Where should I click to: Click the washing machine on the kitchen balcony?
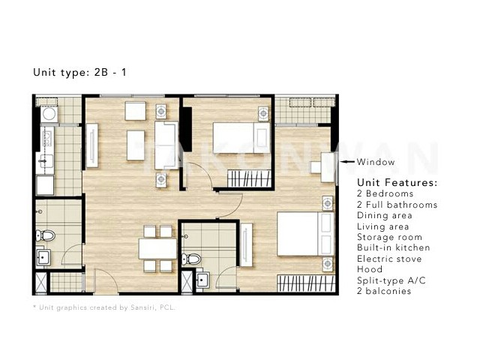pyautogui.click(x=49, y=114)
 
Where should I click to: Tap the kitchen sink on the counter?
pyautogui.click(x=45, y=161)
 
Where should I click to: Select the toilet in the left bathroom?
pyautogui.click(x=46, y=235)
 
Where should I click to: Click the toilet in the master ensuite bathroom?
pyautogui.click(x=191, y=259)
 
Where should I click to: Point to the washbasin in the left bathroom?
pyautogui.click(x=43, y=257)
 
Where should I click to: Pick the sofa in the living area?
pyautogui.click(x=166, y=145)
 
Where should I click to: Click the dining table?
pyautogui.click(x=157, y=249)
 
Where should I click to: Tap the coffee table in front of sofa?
pyautogui.click(x=136, y=145)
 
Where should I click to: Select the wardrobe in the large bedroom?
pyautogui.click(x=306, y=283)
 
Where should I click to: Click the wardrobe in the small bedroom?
pyautogui.click(x=250, y=178)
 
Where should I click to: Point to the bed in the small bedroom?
pyautogui.click(x=241, y=138)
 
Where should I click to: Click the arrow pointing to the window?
pyautogui.click(x=348, y=162)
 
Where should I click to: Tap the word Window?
pyautogui.click(x=376, y=162)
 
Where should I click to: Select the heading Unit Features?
pyautogui.click(x=397, y=182)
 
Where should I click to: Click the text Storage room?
pyautogui.click(x=389, y=237)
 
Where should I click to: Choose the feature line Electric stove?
pyautogui.click(x=389, y=259)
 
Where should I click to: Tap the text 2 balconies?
pyautogui.click(x=384, y=291)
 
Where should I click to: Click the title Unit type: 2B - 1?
pyautogui.click(x=79, y=72)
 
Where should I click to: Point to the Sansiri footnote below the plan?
pyautogui.click(x=104, y=307)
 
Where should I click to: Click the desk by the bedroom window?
pyautogui.click(x=327, y=167)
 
